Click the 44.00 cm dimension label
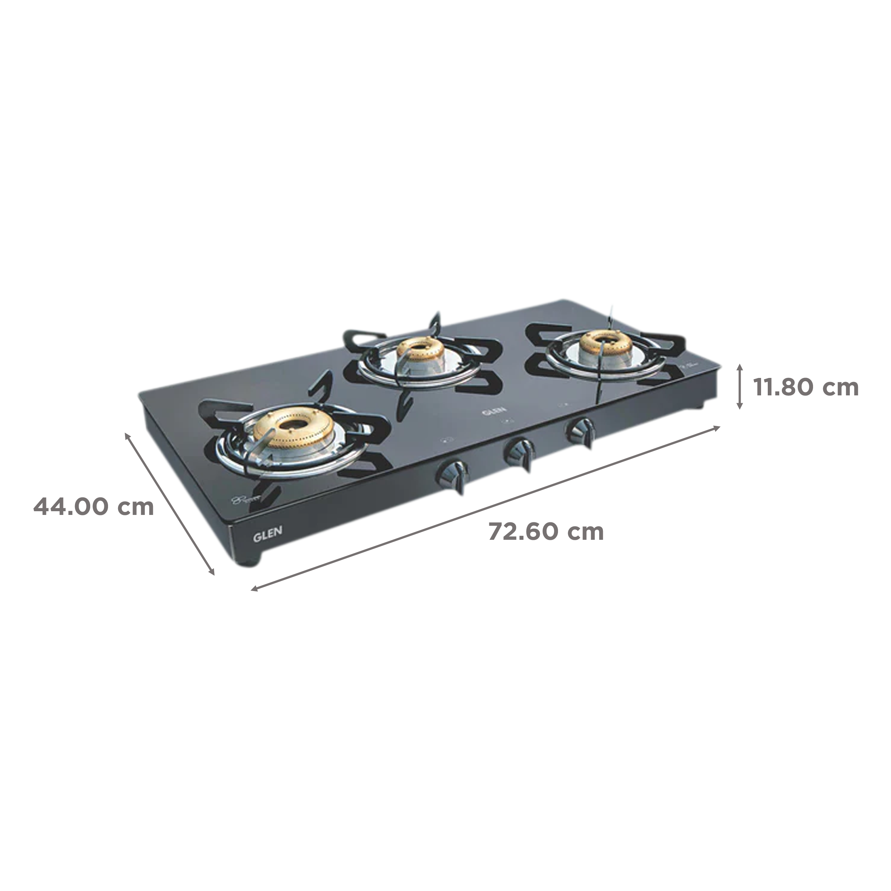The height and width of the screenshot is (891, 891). (94, 507)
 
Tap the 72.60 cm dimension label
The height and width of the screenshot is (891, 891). (546, 531)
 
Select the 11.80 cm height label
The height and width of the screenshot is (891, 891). (805, 387)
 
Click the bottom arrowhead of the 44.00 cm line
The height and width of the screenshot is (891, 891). (213, 573)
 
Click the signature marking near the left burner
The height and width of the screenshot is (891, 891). (242, 499)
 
